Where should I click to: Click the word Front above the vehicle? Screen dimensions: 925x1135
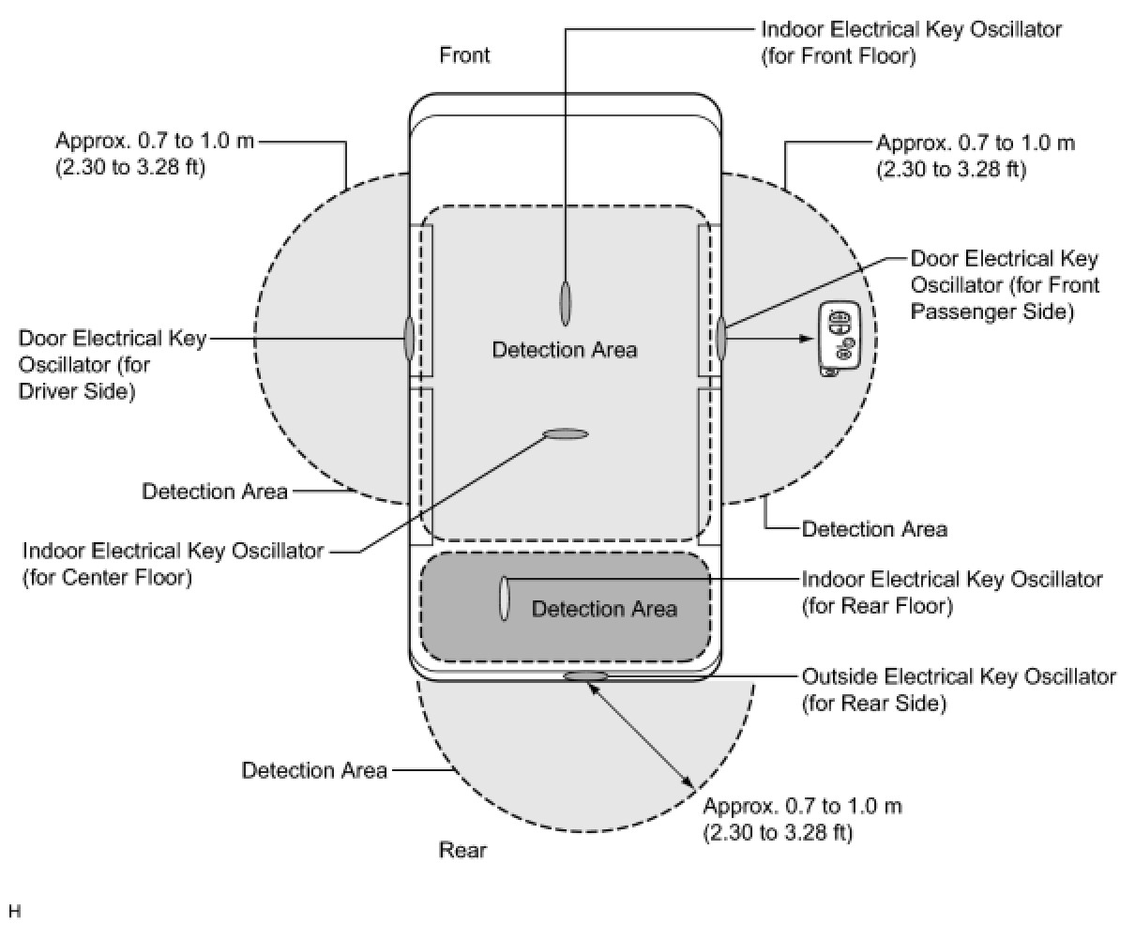pyautogui.click(x=464, y=55)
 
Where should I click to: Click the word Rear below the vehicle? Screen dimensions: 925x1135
pyautogui.click(x=463, y=850)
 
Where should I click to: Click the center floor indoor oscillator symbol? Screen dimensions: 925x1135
pyautogui.click(x=566, y=433)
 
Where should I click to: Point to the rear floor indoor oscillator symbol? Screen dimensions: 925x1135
pyautogui.click(x=505, y=598)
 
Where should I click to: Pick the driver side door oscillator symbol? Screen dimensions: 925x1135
pyautogui.click(x=410, y=338)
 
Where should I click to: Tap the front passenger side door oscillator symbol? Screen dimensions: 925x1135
pyautogui.click(x=721, y=338)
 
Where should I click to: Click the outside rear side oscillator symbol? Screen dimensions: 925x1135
pyautogui.click(x=585, y=676)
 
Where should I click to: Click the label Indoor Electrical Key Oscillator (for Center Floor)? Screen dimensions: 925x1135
pyautogui.click(x=173, y=564)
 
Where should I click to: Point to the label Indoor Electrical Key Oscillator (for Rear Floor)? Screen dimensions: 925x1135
pyautogui.click(x=951, y=593)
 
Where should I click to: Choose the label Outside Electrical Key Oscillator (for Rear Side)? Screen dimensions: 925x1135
pyautogui.click(x=959, y=690)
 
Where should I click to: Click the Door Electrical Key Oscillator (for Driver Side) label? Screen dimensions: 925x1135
pyautogui.click(x=112, y=364)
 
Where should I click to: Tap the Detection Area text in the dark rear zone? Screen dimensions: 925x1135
pyautogui.click(x=604, y=609)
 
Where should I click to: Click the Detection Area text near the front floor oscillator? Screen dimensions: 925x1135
pyautogui.click(x=565, y=350)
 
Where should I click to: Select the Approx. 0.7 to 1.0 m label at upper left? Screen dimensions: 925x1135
pyautogui.click(x=155, y=155)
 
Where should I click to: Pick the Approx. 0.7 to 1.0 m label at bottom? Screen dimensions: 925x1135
pyautogui.click(x=802, y=819)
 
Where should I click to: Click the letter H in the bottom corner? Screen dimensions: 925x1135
pyautogui.click(x=14, y=911)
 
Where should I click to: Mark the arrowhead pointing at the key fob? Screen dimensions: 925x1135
pyautogui.click(x=806, y=338)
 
